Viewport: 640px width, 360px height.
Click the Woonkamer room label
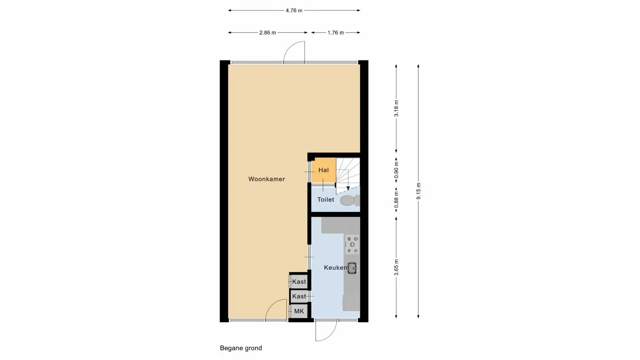pyautogui.click(x=267, y=179)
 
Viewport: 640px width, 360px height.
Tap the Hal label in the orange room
pyautogui.click(x=324, y=170)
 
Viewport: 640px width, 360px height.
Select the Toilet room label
pyautogui.click(x=325, y=200)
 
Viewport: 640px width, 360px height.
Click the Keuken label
pyautogui.click(x=335, y=268)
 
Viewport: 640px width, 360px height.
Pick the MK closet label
pyautogui.click(x=299, y=312)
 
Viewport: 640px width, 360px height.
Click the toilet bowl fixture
pyautogui.click(x=350, y=200)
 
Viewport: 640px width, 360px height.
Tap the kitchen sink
pyautogui.click(x=352, y=268)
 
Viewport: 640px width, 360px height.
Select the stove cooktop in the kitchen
pyautogui.click(x=352, y=244)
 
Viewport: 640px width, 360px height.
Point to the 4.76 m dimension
pyautogui.click(x=294, y=10)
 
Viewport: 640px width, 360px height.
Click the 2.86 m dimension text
pyautogui.click(x=268, y=32)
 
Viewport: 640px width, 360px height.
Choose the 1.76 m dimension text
pyautogui.click(x=336, y=32)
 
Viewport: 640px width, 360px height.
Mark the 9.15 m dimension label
pyautogui.click(x=418, y=191)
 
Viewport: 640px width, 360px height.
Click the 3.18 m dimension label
pyautogui.click(x=396, y=108)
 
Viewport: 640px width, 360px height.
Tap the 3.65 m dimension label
pyautogui.click(x=396, y=267)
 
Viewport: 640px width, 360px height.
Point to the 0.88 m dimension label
pyautogui.click(x=396, y=199)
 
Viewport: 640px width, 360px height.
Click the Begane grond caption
pyautogui.click(x=241, y=348)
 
